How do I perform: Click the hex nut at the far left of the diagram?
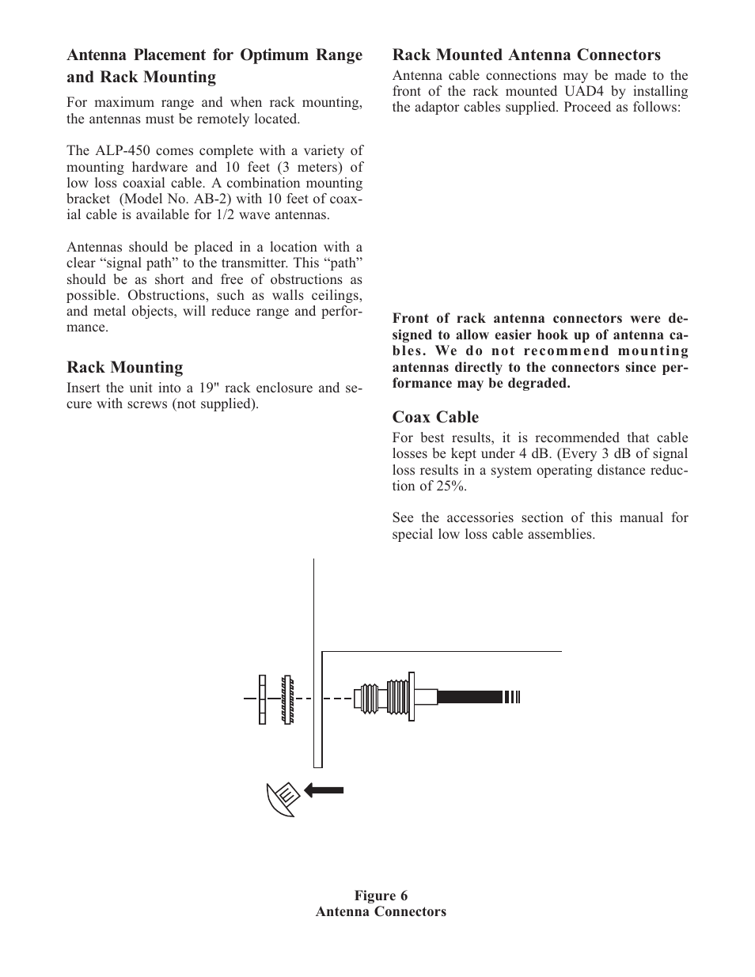[x=262, y=699]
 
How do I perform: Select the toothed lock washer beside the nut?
[x=287, y=699]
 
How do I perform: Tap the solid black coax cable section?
[x=469, y=697]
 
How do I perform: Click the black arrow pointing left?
[x=324, y=789]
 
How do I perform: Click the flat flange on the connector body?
[x=409, y=696]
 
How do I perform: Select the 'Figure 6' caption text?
[x=381, y=896]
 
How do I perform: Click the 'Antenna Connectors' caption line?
[x=381, y=911]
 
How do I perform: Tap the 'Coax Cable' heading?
[x=435, y=417]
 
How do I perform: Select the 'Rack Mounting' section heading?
[x=124, y=367]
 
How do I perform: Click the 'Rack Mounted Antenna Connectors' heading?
[x=526, y=55]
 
